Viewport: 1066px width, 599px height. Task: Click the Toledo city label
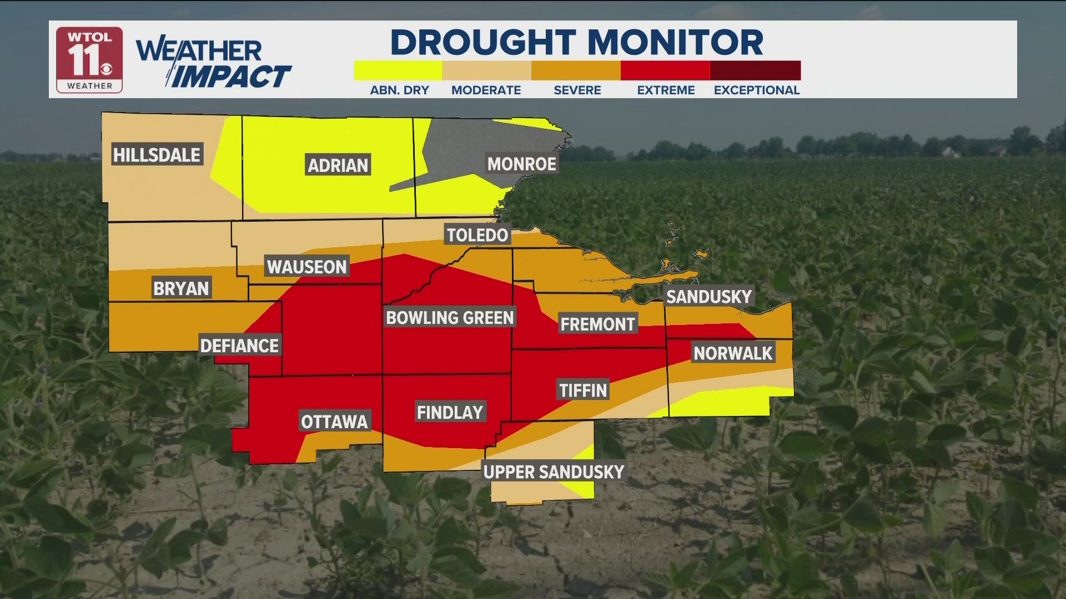(477, 235)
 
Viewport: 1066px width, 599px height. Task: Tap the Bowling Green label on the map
(450, 318)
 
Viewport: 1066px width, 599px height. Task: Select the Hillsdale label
(157, 155)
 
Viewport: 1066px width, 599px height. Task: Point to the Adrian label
(338, 165)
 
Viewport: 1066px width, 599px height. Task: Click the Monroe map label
(521, 164)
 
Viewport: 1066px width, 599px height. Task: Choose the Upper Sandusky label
(554, 472)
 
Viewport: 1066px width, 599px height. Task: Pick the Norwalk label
(733, 353)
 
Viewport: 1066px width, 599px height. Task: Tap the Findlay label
(450, 413)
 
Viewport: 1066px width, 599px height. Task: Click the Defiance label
(239, 346)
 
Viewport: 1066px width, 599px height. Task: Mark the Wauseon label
(306, 267)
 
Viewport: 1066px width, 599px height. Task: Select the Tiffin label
(583, 390)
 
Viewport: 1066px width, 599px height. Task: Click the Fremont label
(597, 324)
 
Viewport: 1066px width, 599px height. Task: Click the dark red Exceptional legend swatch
(755, 70)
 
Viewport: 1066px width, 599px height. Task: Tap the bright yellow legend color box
(398, 70)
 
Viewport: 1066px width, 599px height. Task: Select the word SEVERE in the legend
(577, 90)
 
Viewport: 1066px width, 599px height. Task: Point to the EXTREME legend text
(666, 90)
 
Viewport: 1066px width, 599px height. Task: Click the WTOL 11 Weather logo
(89, 60)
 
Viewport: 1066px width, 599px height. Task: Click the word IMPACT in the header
(230, 77)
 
